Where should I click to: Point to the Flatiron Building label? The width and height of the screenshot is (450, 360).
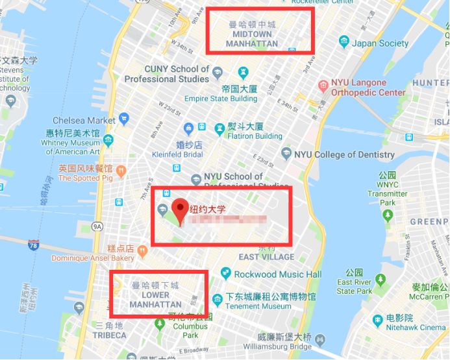click(x=255, y=136)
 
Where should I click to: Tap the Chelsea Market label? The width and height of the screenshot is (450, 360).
click(x=84, y=121)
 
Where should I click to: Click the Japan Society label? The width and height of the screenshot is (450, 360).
click(x=381, y=43)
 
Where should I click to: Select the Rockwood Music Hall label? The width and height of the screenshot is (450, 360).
click(x=277, y=274)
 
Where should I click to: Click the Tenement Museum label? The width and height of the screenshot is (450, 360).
click(x=258, y=306)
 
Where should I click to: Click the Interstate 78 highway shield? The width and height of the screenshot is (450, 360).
click(x=33, y=245)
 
